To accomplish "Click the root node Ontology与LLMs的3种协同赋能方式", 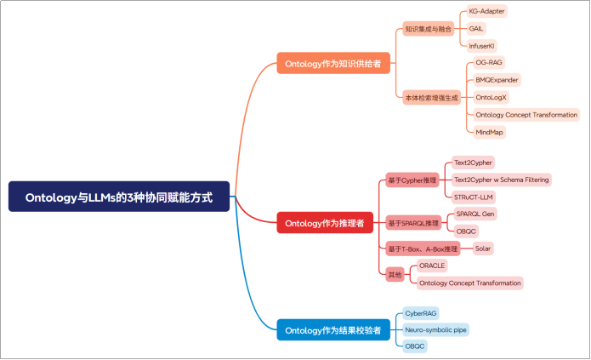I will (119, 197).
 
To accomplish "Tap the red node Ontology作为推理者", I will (324, 223).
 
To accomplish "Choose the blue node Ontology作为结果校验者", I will (332, 329).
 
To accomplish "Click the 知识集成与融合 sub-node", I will (429, 29).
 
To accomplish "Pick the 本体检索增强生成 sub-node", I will (431, 98).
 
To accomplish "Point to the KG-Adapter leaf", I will (487, 12).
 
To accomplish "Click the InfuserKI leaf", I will (482, 45).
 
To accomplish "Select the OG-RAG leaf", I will (489, 62).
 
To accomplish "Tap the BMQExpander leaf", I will (497, 80).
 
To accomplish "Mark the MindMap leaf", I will (490, 132).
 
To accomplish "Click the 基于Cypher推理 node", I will (412, 180).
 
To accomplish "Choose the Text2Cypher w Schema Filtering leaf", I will (501, 180).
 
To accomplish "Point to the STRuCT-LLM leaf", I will (474, 197).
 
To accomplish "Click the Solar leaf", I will (483, 249).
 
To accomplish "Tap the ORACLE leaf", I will (432, 266).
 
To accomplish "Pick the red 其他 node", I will (395, 274).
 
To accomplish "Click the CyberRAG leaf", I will (421, 313).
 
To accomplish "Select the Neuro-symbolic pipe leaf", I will (435, 329).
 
